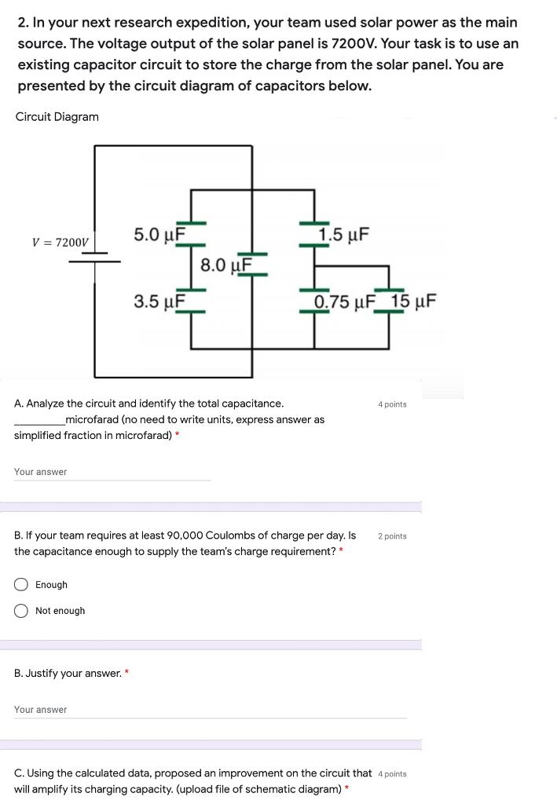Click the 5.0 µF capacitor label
tap(159, 234)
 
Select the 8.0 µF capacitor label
tap(225, 265)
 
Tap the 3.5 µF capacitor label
tap(159, 301)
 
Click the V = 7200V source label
tap(60, 243)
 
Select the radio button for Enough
tap(21, 585)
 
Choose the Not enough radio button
tap(21, 611)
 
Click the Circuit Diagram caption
tap(57, 117)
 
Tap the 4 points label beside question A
tap(392, 404)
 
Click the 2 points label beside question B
tap(392, 536)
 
